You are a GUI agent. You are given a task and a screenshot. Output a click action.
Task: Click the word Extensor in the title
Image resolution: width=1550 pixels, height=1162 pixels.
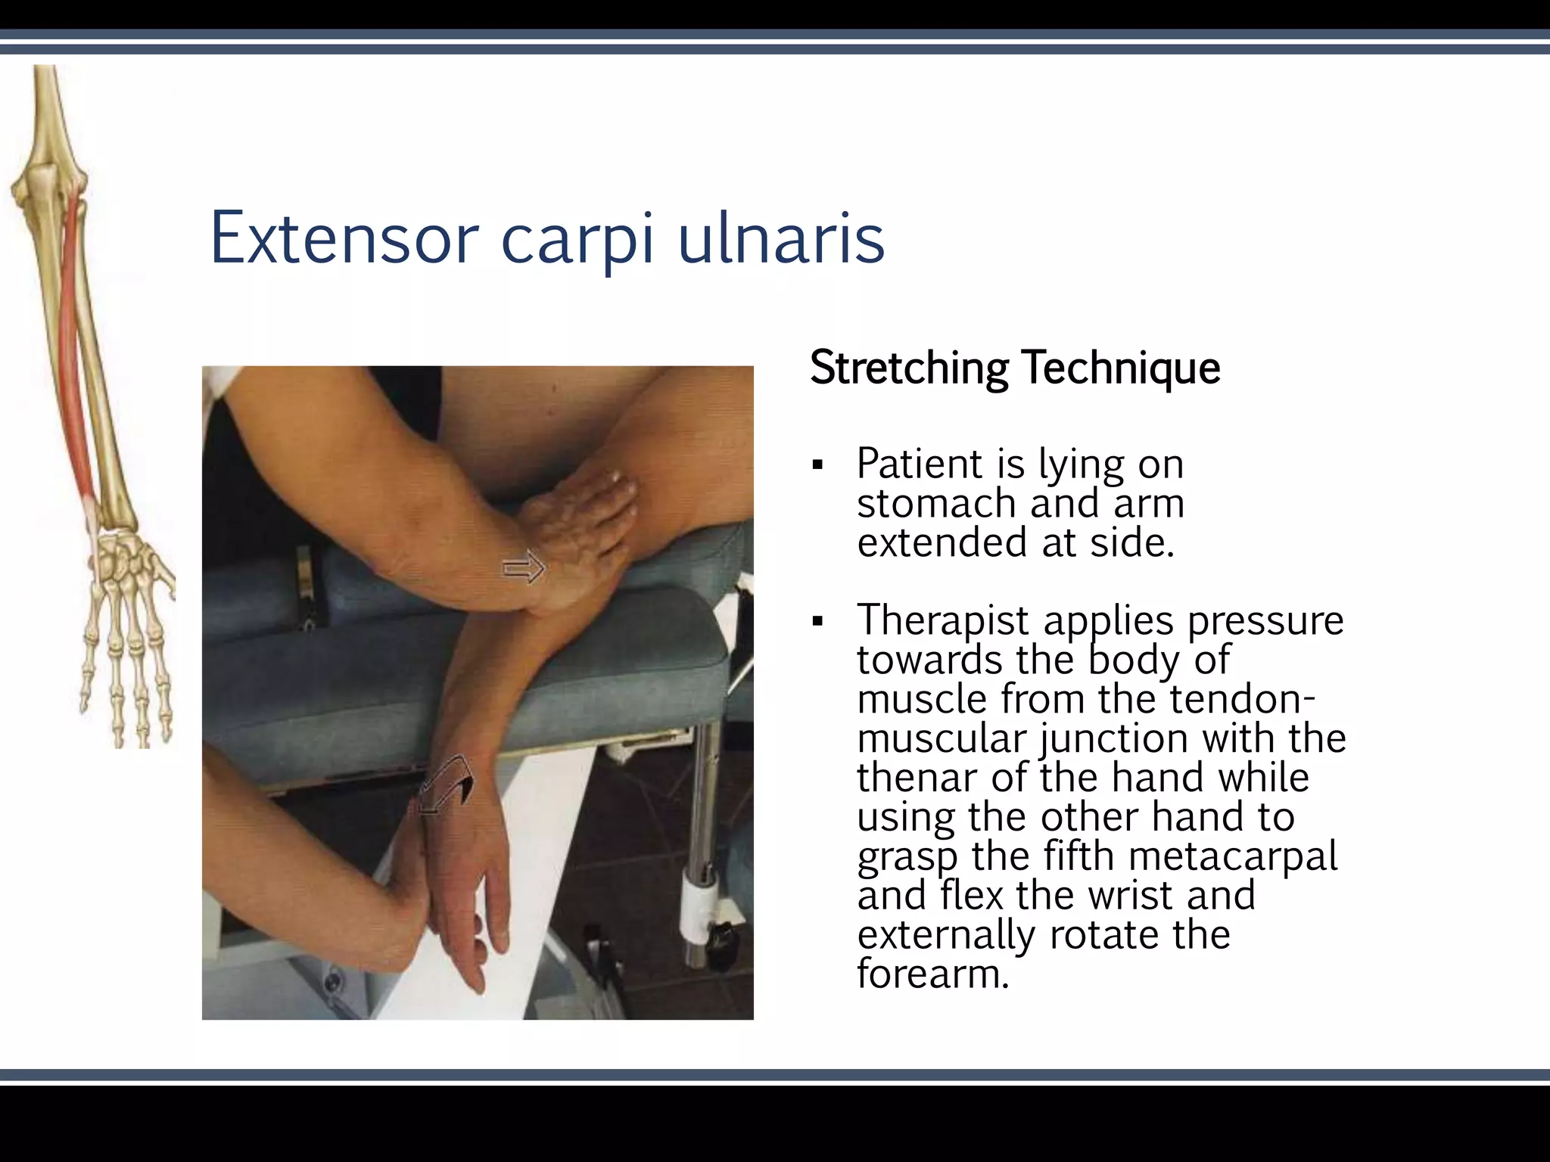344,238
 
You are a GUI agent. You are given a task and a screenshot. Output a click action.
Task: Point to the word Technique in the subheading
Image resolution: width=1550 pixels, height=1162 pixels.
1121,368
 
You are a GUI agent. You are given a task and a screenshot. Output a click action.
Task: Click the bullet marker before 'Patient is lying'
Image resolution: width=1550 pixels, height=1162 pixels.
817,464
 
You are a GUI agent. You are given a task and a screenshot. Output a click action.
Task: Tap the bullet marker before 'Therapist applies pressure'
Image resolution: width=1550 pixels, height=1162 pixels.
817,622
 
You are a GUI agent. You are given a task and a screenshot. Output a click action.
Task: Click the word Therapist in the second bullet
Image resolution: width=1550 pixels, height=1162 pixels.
942,620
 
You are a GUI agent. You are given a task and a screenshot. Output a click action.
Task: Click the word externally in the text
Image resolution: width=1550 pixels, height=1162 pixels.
945,935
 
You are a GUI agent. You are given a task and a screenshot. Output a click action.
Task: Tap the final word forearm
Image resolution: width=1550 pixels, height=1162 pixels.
932,974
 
